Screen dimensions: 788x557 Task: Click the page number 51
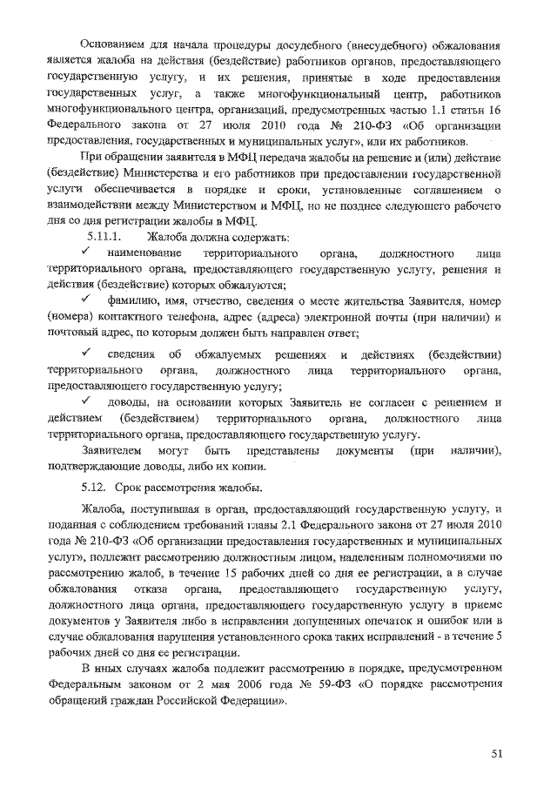[497, 753]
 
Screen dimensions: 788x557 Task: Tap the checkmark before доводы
[88, 401]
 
